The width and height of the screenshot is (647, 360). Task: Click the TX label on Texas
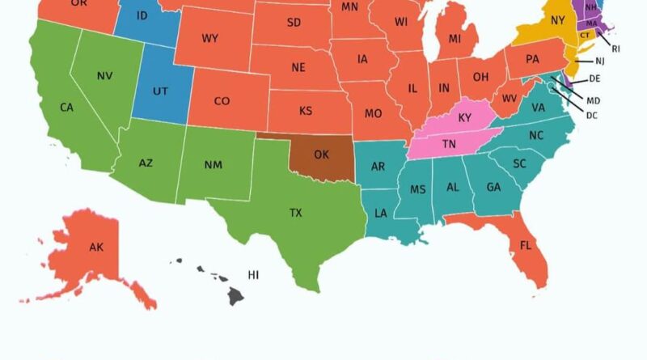[x=296, y=213]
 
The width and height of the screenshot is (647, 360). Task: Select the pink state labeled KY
[x=464, y=118]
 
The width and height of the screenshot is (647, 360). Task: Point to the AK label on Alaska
[x=96, y=248]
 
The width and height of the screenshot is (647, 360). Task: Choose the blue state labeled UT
[x=160, y=91]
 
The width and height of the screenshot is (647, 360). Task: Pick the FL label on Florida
[x=526, y=245]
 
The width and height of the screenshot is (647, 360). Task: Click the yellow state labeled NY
[x=558, y=20]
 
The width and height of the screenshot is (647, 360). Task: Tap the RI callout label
[x=616, y=49]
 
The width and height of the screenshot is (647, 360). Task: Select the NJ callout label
[x=599, y=61]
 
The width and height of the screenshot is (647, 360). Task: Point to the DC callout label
[x=591, y=116]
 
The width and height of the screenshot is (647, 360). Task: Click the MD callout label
[x=593, y=100]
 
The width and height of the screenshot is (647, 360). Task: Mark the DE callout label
[x=594, y=79]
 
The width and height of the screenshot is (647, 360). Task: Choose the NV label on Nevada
[x=104, y=76]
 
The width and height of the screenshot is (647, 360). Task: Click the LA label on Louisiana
[x=380, y=214]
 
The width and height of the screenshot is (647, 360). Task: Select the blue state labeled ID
[x=142, y=16]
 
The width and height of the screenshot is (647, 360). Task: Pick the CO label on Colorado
[x=222, y=102]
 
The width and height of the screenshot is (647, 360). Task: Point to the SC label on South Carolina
[x=520, y=163]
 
